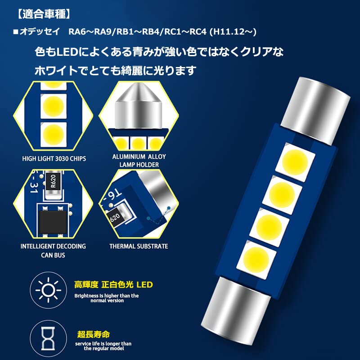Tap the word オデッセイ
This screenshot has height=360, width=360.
(40, 31)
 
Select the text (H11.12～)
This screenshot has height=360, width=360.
(233, 31)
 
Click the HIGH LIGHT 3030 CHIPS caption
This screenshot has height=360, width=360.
(54, 159)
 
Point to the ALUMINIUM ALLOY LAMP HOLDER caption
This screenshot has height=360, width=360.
(139, 161)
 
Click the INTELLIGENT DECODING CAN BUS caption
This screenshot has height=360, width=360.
(53, 251)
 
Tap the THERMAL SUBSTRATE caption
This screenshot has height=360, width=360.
(139, 246)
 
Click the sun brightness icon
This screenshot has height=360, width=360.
(49, 290)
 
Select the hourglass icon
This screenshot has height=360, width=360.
(48, 339)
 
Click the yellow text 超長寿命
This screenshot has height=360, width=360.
(94, 334)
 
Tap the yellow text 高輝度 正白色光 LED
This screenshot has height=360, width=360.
(113, 285)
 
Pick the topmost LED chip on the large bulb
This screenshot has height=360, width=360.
(295, 162)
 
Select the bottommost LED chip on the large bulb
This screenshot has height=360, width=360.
(256, 260)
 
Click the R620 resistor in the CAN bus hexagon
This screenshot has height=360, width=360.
(53, 181)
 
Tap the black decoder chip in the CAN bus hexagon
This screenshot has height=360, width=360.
(53, 222)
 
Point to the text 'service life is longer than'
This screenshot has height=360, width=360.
(103, 344)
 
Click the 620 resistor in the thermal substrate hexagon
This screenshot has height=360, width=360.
(115, 217)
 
